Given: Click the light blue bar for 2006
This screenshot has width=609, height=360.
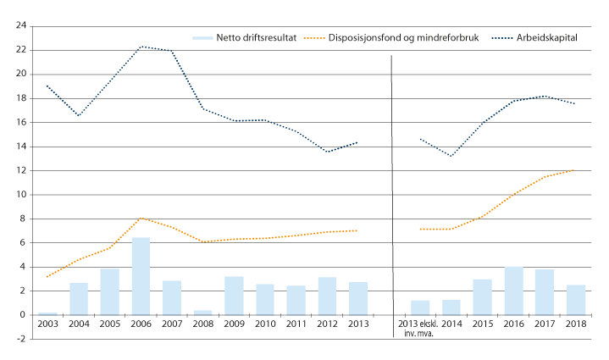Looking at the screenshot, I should (141, 276).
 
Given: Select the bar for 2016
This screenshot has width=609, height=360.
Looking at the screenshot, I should (513, 291).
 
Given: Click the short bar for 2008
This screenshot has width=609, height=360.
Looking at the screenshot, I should (203, 313).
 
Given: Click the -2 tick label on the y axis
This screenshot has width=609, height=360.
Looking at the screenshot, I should (20, 339).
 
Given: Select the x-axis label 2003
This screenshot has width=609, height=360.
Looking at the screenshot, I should (48, 324).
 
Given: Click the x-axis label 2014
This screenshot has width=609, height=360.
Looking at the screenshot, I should (451, 324).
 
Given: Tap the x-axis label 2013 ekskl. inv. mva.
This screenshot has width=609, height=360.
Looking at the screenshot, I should (420, 329).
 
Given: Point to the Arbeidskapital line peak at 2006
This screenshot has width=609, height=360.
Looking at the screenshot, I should (141, 47).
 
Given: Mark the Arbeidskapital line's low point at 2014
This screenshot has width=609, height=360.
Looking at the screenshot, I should (451, 156).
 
